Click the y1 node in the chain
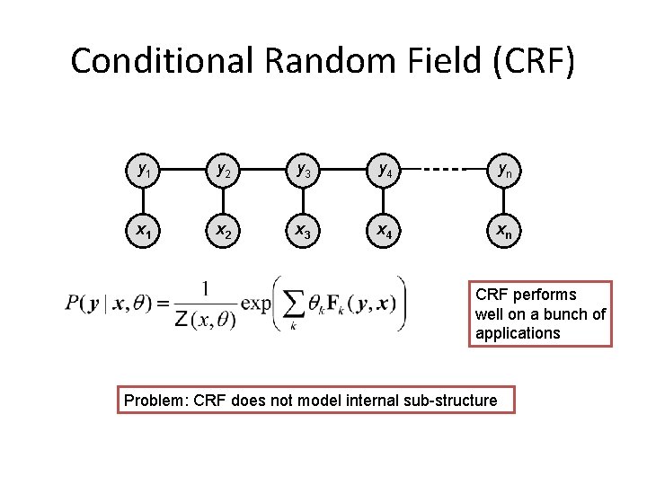click(x=142, y=168)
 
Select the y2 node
click(x=220, y=168)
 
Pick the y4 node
click(x=384, y=168)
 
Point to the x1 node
click(x=142, y=230)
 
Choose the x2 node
click(x=220, y=230)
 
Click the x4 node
click(x=384, y=230)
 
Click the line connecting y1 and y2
click(x=181, y=169)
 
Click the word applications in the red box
click(x=518, y=333)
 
